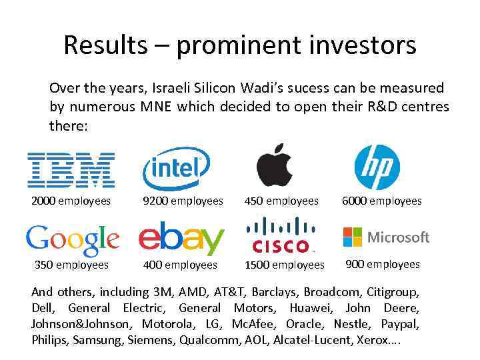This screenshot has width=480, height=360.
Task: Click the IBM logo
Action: point(71,169)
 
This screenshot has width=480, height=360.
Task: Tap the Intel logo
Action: point(176,168)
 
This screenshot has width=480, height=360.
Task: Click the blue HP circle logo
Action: point(377,167)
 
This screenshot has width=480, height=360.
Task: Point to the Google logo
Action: point(72,240)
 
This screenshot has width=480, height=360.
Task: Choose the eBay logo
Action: point(181,239)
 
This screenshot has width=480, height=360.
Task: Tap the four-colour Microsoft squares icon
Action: point(352,237)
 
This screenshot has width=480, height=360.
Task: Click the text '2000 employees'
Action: point(71,201)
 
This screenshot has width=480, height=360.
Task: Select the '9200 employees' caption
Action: point(183,201)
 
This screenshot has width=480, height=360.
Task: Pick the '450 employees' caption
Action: point(282,201)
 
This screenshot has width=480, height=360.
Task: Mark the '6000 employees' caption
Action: point(382,201)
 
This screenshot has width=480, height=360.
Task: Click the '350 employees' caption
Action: point(71,265)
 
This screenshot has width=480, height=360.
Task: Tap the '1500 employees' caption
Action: point(285,265)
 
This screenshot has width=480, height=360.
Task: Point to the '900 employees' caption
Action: point(383,264)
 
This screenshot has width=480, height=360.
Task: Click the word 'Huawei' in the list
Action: point(311,308)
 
